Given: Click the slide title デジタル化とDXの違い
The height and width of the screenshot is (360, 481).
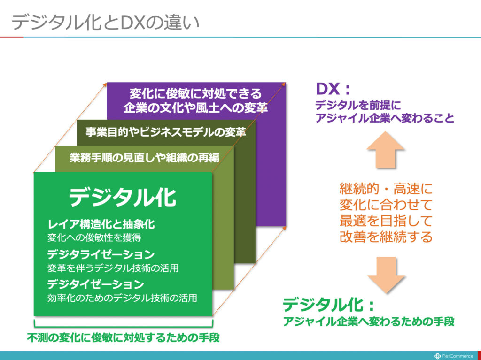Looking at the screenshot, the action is tap(106, 23).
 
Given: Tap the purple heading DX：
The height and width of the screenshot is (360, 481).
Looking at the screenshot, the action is tap(333, 89).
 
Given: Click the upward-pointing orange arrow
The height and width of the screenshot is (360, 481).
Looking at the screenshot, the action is tap(385, 150).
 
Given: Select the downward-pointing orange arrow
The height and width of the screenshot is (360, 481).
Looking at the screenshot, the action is tap(386, 275).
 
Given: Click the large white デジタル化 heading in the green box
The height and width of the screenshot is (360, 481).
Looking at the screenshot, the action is tap(123, 198).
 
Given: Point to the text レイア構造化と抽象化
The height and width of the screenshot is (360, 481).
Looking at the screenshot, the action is tap(101, 224).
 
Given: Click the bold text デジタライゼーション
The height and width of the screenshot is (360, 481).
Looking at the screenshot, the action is tap(101, 254).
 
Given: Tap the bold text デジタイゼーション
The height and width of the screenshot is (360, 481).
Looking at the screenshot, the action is tap(95, 284).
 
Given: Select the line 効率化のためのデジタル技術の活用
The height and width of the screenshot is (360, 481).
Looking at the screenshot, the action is tap(122, 298).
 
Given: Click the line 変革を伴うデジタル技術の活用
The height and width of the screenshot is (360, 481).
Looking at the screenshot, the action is tap(113, 268).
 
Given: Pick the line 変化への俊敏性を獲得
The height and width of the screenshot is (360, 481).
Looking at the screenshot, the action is tap(94, 237).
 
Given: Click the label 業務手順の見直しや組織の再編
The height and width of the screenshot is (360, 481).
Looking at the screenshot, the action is tap(145, 158).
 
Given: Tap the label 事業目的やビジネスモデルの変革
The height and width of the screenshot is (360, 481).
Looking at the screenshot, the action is tap(166, 132).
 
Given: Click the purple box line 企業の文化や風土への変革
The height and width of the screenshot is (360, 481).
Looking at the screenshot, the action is tap(196, 107).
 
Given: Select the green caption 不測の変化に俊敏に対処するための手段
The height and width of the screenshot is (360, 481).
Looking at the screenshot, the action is tap(124, 337).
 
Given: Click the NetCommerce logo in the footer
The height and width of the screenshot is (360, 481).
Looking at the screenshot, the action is tap(454, 356).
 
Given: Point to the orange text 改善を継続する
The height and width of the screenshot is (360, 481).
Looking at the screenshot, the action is tap(386, 237).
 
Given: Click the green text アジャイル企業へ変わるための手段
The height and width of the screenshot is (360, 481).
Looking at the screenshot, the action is tap(369, 322).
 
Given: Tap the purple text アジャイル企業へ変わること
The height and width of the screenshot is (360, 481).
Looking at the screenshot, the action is tap(385, 118).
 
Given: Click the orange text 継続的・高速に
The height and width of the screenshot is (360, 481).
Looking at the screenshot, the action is tap(386, 188).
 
